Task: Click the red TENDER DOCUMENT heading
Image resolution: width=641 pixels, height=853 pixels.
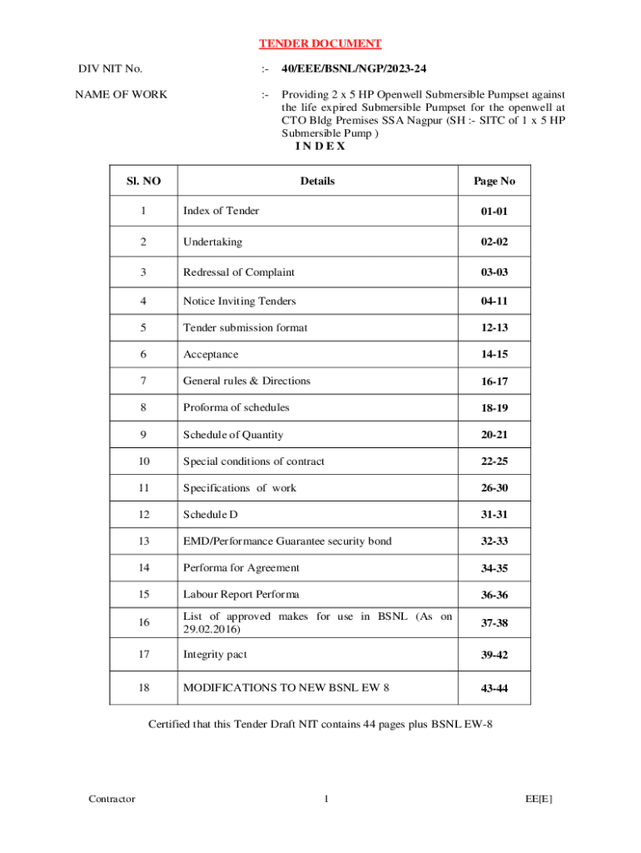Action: pyautogui.click(x=320, y=43)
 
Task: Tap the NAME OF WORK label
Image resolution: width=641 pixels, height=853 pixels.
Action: pyautogui.click(x=122, y=94)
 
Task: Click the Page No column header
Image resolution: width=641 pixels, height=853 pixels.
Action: pyautogui.click(x=494, y=181)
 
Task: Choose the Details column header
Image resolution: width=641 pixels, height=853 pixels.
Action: pyautogui.click(x=317, y=181)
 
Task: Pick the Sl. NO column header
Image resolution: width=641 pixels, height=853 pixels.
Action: pyautogui.click(x=144, y=181)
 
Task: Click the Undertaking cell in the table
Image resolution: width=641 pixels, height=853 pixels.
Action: pyautogui.click(x=212, y=242)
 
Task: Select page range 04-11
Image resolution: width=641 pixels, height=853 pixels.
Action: pyautogui.click(x=494, y=302)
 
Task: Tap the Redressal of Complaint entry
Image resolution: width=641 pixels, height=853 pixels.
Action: pyautogui.click(x=239, y=272)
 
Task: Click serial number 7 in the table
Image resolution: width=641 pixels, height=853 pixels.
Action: pyautogui.click(x=144, y=381)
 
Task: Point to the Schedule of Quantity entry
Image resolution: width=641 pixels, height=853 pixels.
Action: pyautogui.click(x=233, y=434)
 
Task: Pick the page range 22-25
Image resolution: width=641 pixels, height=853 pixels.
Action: pyautogui.click(x=494, y=461)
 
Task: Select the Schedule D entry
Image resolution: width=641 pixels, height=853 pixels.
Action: pyautogui.click(x=211, y=514)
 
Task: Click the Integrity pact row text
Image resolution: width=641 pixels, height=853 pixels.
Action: pyautogui.click(x=215, y=655)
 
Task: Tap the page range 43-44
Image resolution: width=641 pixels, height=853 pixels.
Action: pyautogui.click(x=494, y=689)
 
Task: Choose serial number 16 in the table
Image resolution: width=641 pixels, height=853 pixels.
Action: pyautogui.click(x=144, y=621)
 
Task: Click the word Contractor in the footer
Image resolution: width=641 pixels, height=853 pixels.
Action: pyautogui.click(x=112, y=799)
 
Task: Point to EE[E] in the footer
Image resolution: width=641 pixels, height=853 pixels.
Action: pyautogui.click(x=539, y=799)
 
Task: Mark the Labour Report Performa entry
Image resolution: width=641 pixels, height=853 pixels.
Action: pyautogui.click(x=241, y=594)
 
